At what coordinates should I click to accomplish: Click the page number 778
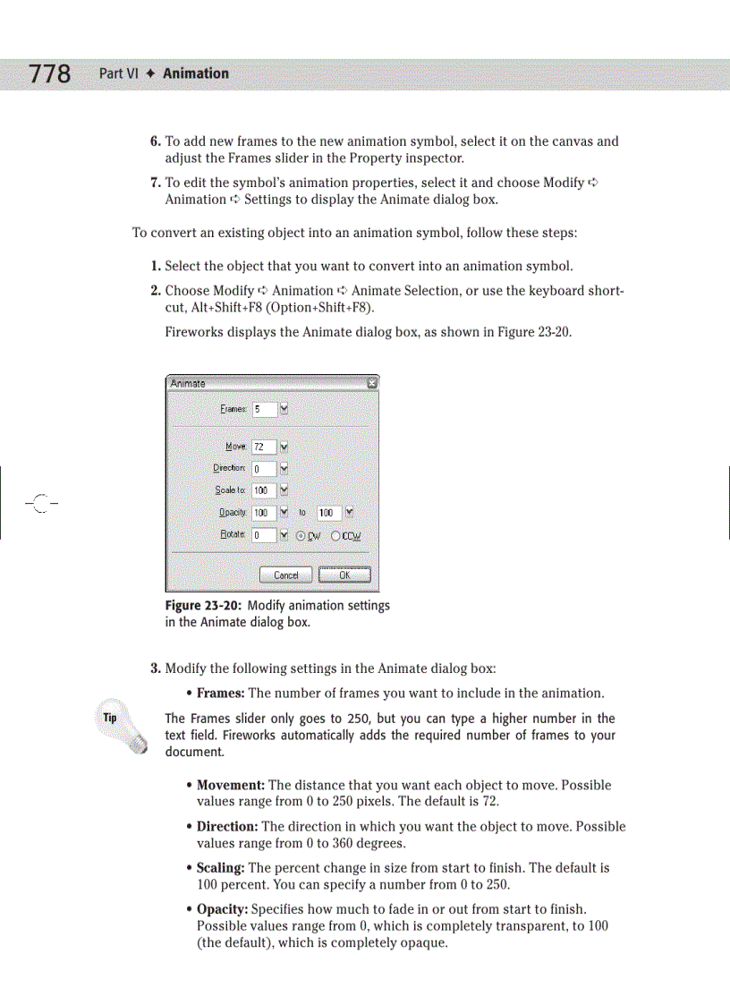tap(49, 73)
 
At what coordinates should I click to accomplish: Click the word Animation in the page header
tap(195, 73)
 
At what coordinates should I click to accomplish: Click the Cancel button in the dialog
tap(285, 575)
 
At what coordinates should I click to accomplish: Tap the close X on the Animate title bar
tap(372, 383)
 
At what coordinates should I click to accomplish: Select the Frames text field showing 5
tap(264, 409)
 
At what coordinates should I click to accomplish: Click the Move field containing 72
tap(264, 447)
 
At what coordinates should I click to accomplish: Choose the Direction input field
tap(264, 468)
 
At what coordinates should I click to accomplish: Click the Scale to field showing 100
tap(264, 490)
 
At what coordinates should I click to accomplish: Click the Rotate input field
tap(264, 535)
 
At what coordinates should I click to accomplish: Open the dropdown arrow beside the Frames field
tap(284, 409)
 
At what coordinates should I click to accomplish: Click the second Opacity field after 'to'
tap(328, 513)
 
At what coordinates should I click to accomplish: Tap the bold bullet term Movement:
tap(230, 785)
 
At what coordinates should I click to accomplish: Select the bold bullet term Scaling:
tap(220, 868)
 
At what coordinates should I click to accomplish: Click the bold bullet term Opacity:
tap(222, 908)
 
